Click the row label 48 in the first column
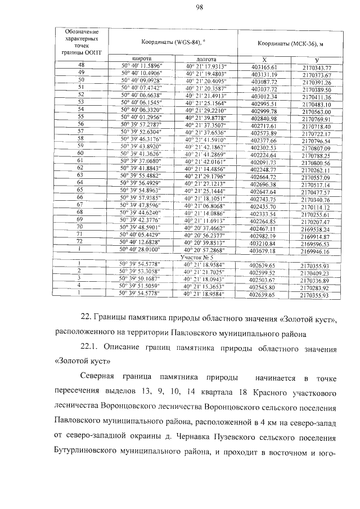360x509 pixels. [80, 66]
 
